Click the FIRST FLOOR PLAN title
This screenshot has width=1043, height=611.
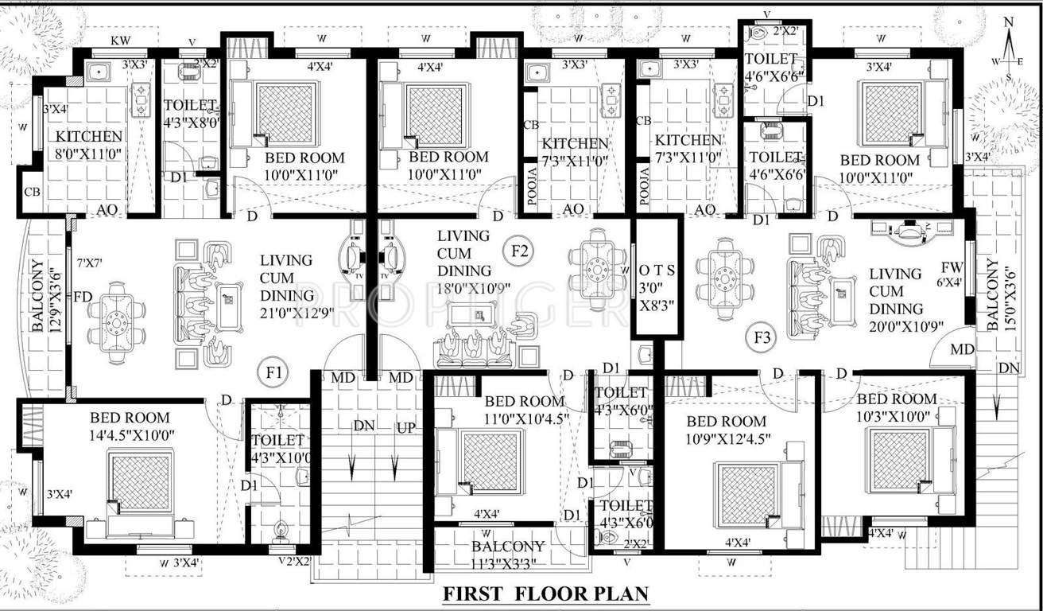coord(545,593)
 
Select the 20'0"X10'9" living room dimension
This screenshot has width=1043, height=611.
coord(895,326)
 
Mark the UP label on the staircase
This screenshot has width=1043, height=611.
coord(405,427)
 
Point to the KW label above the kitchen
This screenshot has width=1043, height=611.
coord(121,40)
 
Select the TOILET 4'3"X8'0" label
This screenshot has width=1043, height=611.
coord(190,114)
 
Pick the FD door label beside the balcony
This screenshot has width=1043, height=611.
coord(83,297)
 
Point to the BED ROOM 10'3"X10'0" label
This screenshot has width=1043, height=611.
coord(896,407)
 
